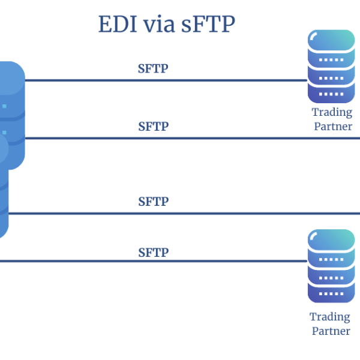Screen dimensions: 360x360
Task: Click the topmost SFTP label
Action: pyautogui.click(x=154, y=68)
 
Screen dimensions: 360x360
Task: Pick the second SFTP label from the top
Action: pyautogui.click(x=154, y=127)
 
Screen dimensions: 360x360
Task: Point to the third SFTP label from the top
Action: pyautogui.click(x=154, y=201)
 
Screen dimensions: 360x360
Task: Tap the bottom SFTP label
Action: pyautogui.click(x=154, y=252)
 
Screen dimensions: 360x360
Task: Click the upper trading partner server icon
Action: pyautogui.click(x=331, y=66)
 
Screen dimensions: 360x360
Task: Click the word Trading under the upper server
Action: pyautogui.click(x=332, y=112)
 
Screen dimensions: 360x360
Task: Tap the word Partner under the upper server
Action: pyautogui.click(x=332, y=127)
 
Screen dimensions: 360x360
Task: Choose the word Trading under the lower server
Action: pyautogui.click(x=329, y=316)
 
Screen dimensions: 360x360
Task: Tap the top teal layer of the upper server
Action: pyautogui.click(x=331, y=40)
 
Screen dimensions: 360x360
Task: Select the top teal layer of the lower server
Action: pyautogui.click(x=331, y=240)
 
